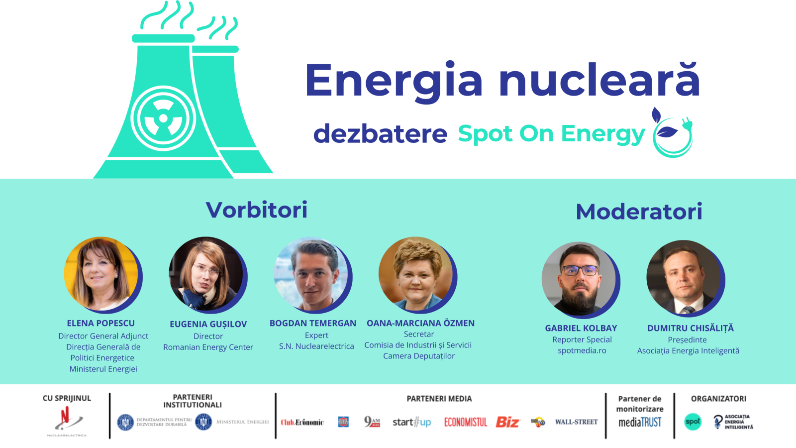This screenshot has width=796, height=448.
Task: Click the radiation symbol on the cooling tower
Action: (163, 118)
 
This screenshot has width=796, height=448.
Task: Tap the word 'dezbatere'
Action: (380, 133)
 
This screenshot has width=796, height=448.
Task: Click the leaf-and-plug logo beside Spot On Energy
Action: (672, 133)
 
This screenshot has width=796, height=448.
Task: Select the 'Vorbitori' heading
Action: (257, 210)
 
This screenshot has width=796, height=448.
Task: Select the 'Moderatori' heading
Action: (639, 212)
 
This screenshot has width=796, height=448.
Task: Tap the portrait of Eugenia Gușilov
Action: (207, 275)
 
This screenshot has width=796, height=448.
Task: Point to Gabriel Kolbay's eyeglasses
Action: (580, 270)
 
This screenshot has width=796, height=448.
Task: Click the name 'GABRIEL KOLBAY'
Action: (581, 328)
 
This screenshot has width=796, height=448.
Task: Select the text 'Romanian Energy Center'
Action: (208, 347)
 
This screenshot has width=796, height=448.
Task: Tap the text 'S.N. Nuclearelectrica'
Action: (316, 346)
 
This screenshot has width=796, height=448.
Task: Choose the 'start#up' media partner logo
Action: (411, 422)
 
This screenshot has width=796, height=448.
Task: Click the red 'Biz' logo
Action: (507, 422)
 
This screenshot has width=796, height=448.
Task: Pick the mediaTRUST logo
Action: (640, 422)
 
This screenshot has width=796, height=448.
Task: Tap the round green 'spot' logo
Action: (693, 422)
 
